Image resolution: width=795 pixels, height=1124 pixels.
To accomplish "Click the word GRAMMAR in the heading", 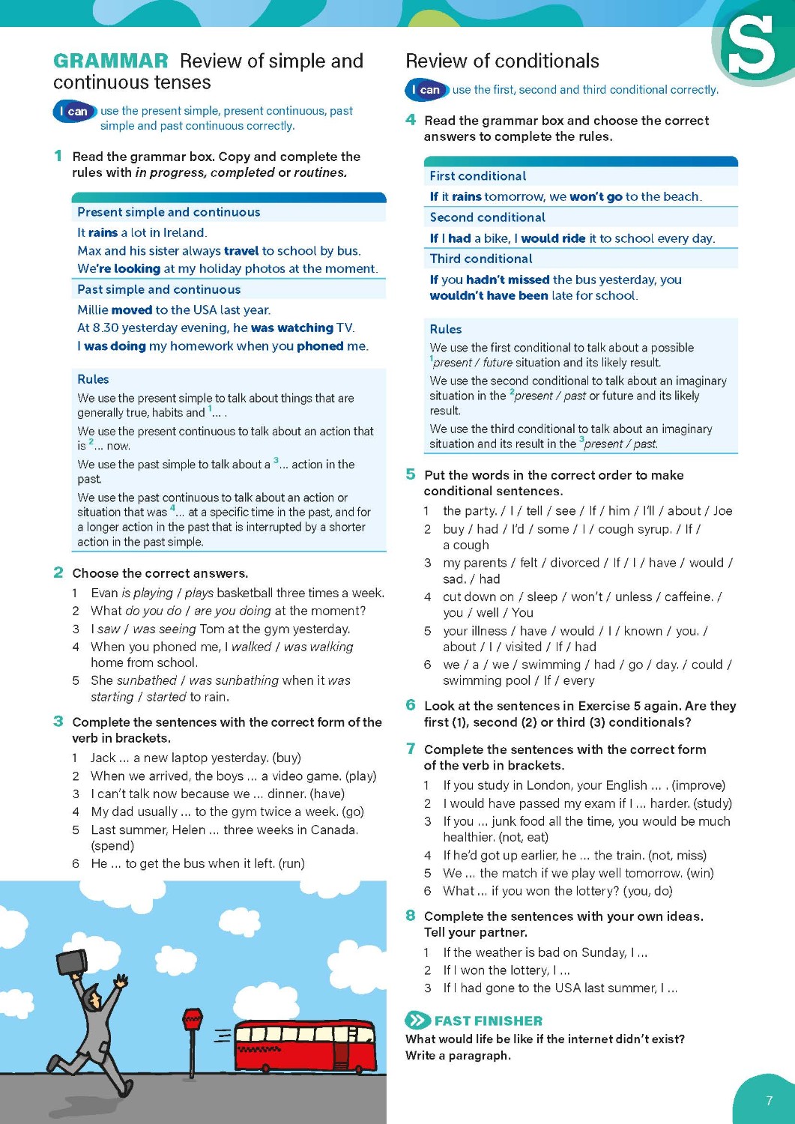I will point(111,61).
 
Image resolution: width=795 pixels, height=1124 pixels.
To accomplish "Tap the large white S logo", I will point(750,46).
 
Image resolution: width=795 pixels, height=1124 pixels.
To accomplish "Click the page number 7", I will point(769,1101).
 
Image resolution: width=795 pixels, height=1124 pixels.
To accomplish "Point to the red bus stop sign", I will point(193,1020).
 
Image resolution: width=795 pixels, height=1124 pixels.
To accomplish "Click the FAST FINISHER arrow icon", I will point(417,1020).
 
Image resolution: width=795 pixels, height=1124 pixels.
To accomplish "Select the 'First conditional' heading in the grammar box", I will point(478,176).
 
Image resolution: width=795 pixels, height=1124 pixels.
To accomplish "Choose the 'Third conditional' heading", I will point(481,259).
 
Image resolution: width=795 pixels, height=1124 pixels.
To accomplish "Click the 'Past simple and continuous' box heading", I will point(159,289).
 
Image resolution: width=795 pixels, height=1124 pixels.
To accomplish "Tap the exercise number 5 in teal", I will point(411,474).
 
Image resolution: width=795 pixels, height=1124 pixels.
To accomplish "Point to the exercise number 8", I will point(411,916).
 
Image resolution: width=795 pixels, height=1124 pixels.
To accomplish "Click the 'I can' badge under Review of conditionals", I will point(426,90).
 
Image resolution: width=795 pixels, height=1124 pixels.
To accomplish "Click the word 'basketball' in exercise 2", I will point(245,593).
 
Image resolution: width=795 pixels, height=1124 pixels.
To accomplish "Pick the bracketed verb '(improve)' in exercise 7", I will point(698,785).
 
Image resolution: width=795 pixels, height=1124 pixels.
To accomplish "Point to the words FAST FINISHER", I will point(488,1021).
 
